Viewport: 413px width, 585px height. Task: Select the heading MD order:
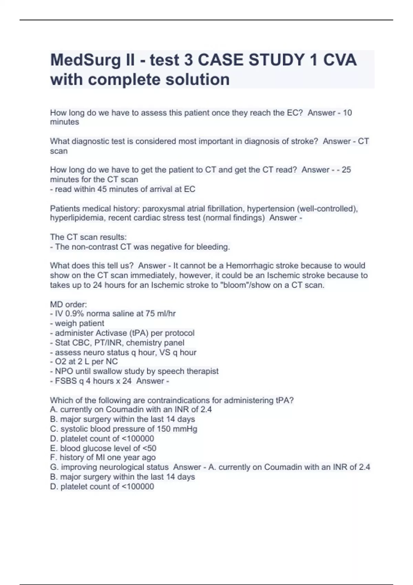pyautogui.click(x=68, y=305)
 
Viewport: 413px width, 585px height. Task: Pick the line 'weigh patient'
pyautogui.click(x=79, y=323)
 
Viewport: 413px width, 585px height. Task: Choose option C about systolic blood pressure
pyautogui.click(x=124, y=429)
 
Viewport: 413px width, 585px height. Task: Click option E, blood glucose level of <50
pyautogui.click(x=103, y=448)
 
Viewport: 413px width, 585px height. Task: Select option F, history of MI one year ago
pyautogui.click(x=103, y=458)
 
